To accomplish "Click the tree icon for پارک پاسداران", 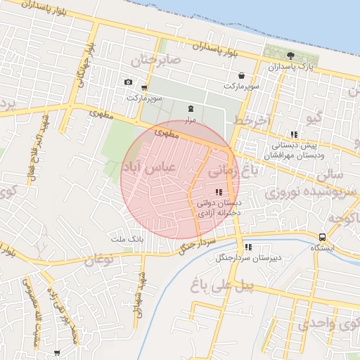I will (x=291, y=56).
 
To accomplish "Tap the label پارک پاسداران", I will (x=290, y=67).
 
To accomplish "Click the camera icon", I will (x=128, y=82).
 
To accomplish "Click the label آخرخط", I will (x=252, y=121).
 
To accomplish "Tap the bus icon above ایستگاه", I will (x=322, y=237).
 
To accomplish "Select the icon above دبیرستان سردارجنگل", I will (x=248, y=247).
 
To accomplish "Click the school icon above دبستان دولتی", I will (x=219, y=192).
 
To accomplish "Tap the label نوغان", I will (x=98, y=261).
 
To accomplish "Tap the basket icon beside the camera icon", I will (x=144, y=89).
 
